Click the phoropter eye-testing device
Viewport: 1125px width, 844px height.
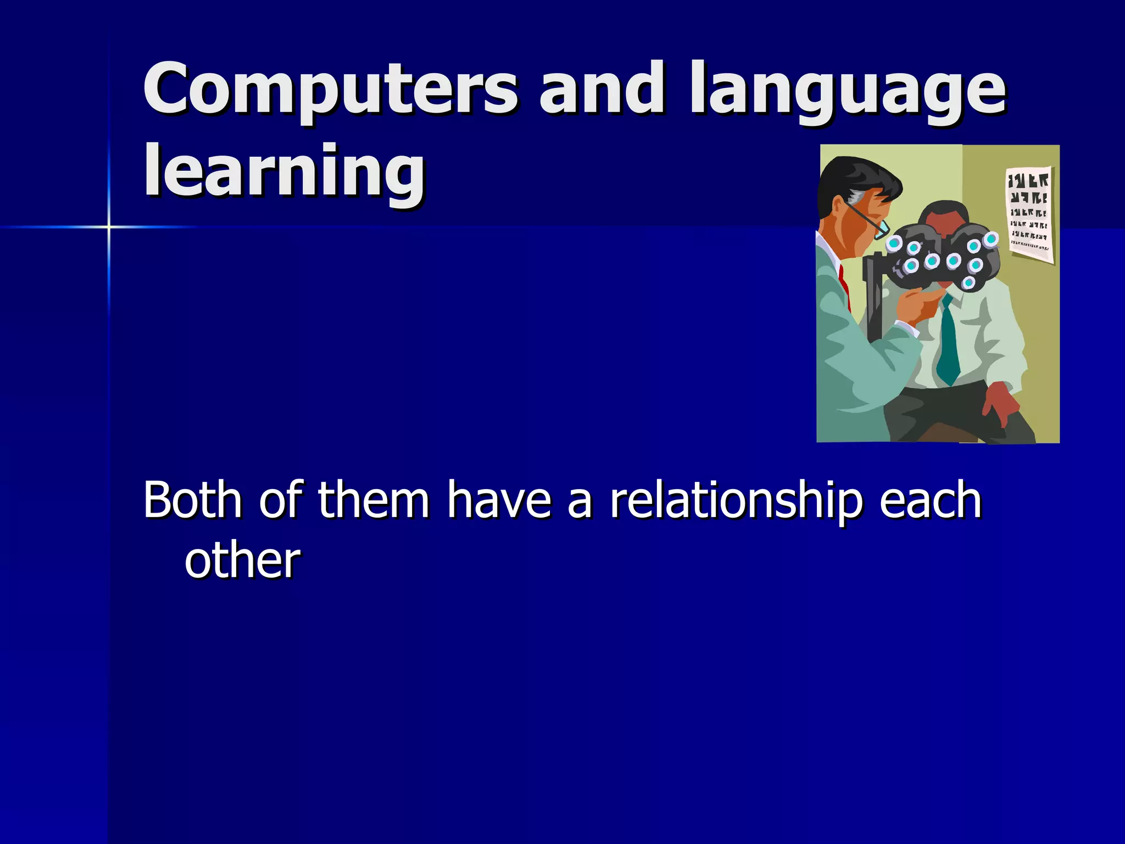[x=942, y=258]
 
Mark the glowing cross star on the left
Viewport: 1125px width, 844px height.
[x=109, y=226]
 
